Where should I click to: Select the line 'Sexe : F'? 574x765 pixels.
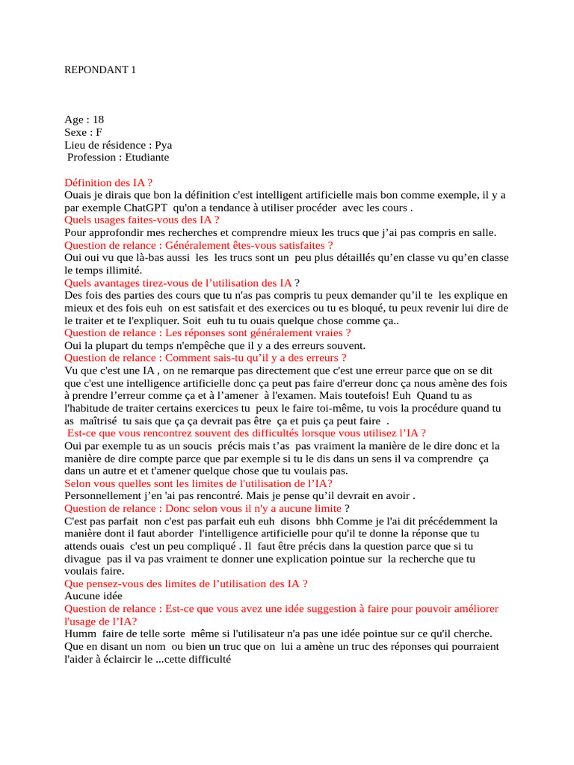83,132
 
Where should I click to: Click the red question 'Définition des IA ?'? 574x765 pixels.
108,182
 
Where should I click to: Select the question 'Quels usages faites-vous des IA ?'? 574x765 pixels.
142,220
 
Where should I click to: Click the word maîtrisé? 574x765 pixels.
99,421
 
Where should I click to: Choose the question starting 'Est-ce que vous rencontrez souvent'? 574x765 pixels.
247,433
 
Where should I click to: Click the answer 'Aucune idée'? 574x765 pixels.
93,597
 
